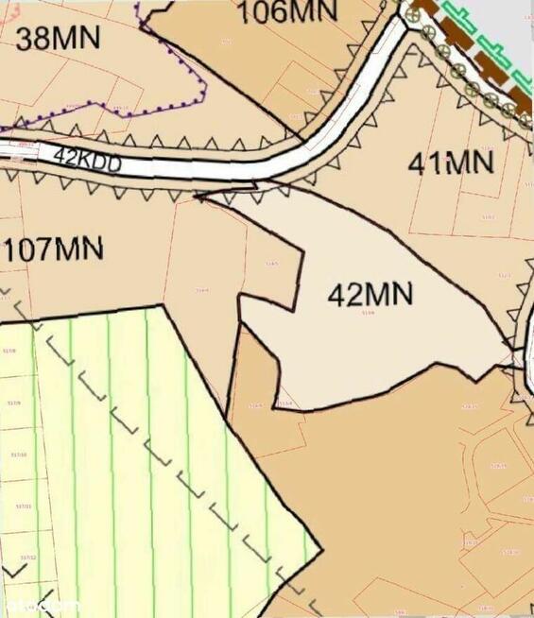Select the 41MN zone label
coord(451,162)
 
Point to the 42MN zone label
coord(370,295)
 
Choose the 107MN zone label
coord(53,251)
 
